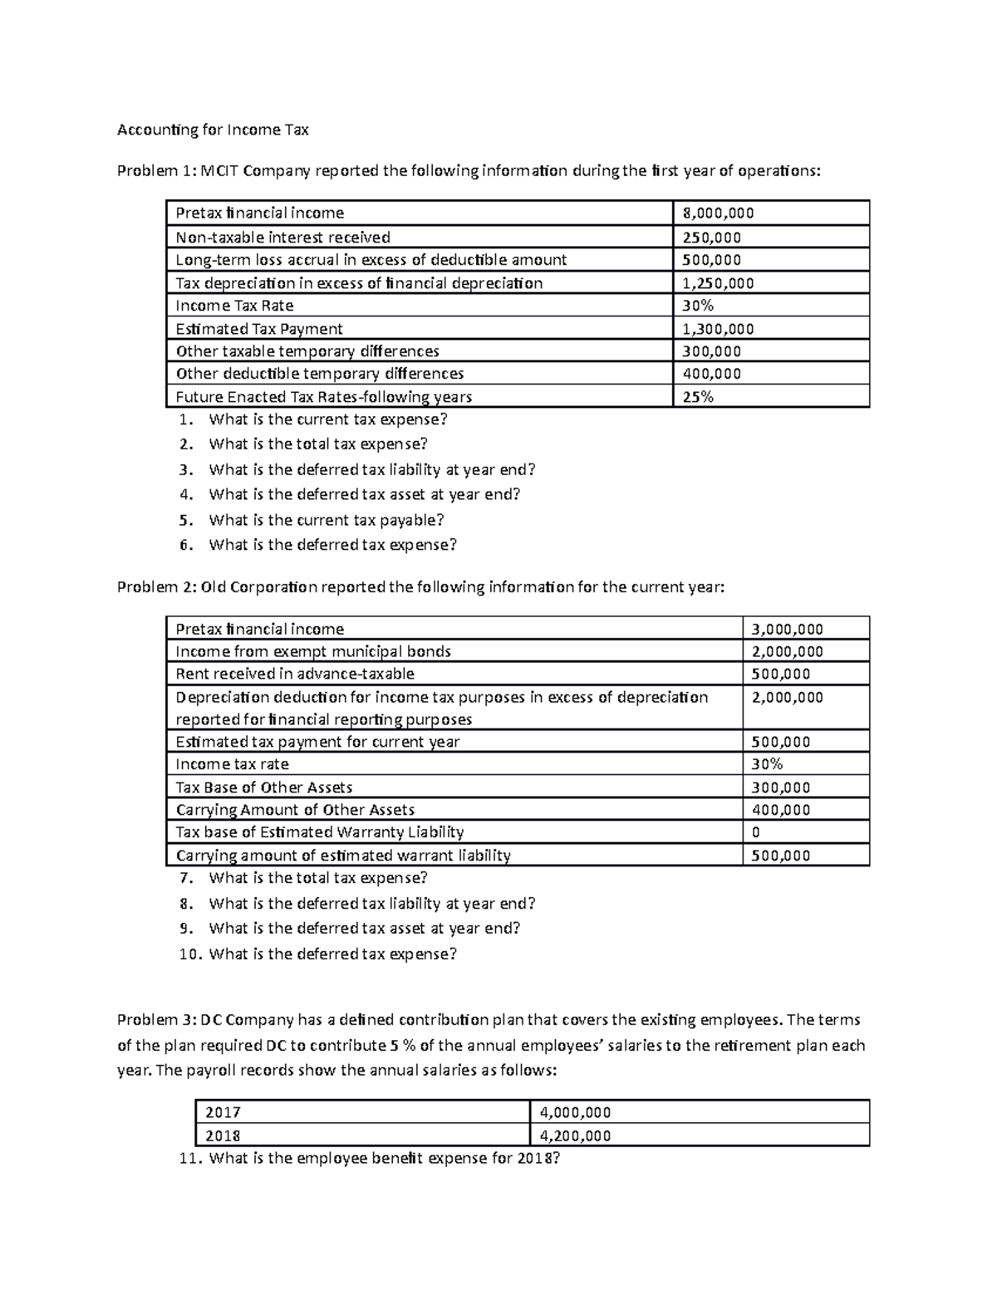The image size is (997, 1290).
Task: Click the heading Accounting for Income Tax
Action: [213, 130]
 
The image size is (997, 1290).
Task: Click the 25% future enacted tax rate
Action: [698, 396]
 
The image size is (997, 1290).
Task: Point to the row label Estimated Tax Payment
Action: [259, 329]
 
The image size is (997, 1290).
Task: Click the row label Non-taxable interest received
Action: [282, 238]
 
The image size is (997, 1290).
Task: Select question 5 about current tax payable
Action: [326, 520]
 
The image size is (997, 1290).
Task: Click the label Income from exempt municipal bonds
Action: [313, 651]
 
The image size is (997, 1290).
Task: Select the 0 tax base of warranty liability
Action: [755, 832]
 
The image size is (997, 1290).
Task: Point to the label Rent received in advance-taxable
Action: [295, 674]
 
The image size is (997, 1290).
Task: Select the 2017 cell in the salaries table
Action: [223, 1112]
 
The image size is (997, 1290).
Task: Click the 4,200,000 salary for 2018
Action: [575, 1135]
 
